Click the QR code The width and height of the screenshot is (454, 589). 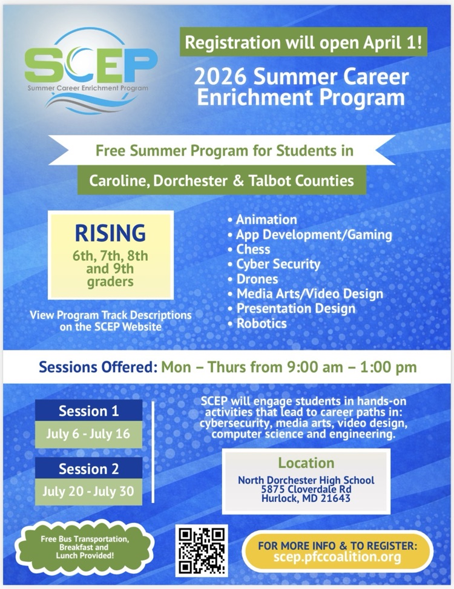pos(202,550)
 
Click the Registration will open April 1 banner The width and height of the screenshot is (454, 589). pos(303,42)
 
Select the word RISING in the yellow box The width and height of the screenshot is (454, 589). pos(110,232)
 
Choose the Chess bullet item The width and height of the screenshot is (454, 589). pos(253,249)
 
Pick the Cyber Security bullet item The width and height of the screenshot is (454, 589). pos(278,264)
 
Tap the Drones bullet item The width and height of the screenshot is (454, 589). pos(257,279)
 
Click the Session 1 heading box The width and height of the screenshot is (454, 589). pos(88,411)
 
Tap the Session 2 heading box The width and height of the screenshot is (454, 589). pos(88,469)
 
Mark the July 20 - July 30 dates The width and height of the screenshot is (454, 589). pos(88,491)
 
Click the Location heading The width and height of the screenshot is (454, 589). pos(306,463)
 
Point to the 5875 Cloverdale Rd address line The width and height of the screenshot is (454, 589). pos(306,490)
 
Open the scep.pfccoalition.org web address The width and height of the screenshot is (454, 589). pos(338,557)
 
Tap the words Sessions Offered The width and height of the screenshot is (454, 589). pos(97,367)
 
